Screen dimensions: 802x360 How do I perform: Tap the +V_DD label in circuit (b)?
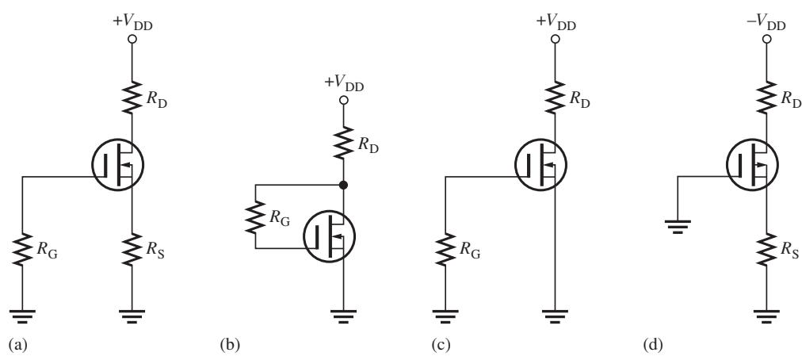coord(343,83)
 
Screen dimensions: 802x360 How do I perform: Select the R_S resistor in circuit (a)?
coord(132,250)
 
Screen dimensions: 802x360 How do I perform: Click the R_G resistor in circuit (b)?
coord(255,216)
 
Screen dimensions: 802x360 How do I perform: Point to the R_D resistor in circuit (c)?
coord(556,97)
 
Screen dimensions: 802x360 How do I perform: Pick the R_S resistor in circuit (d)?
coord(766,250)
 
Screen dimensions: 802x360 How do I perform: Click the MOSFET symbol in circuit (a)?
coord(117,165)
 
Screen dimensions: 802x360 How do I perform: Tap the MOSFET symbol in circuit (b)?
coord(330,236)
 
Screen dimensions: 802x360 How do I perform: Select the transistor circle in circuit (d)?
coord(752,165)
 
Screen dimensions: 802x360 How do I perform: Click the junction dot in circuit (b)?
coord(343,185)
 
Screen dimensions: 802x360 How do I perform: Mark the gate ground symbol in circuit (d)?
coord(678,226)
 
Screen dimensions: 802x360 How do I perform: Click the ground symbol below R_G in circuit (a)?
coord(22,316)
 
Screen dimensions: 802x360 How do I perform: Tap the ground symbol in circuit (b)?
coord(343,316)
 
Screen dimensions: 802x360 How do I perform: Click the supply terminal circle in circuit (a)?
coord(132,39)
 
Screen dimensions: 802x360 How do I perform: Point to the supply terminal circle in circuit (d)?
coord(766,39)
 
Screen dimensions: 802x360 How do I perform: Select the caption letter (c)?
coord(441,346)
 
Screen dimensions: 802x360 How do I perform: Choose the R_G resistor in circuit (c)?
coord(445,250)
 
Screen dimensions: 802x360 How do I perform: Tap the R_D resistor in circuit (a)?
coord(132,97)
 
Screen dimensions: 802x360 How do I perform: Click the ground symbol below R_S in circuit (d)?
coord(766,316)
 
